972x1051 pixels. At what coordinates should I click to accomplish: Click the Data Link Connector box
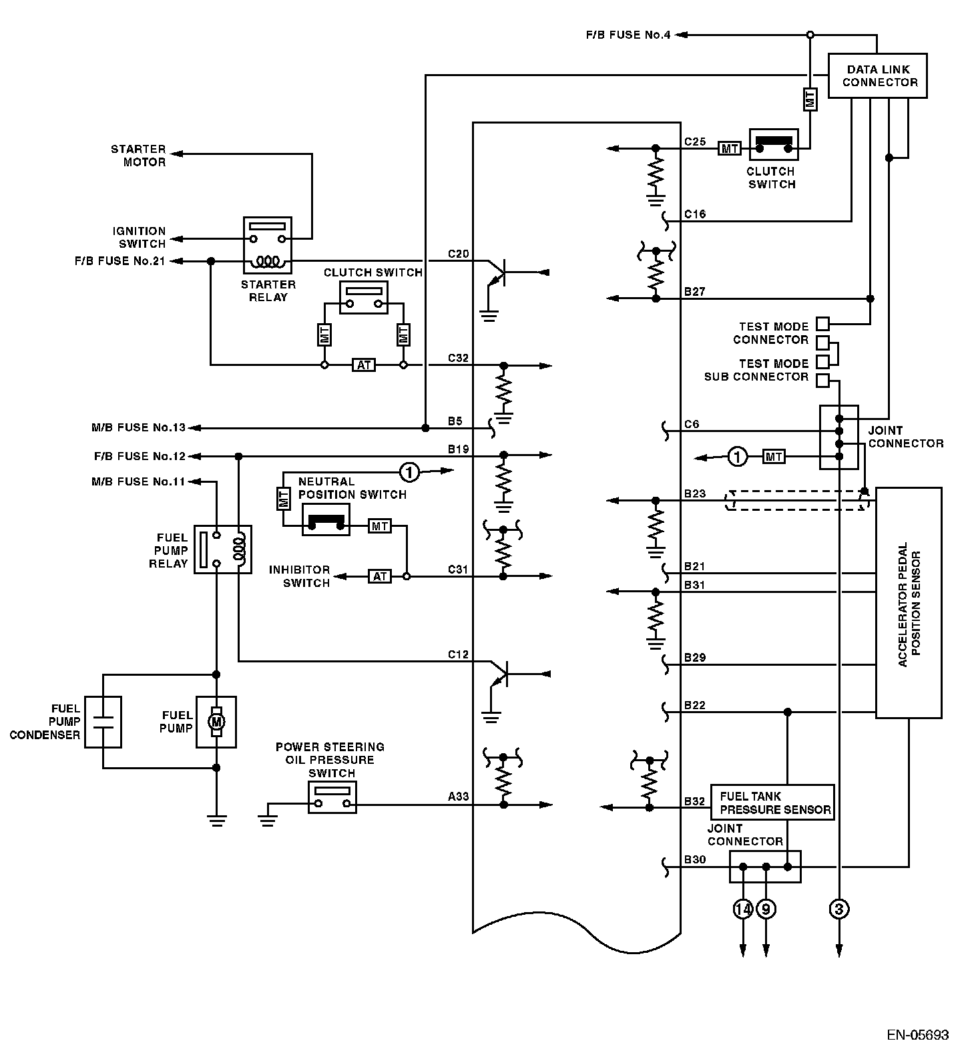[x=877, y=76]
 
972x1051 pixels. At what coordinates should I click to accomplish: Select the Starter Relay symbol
[x=267, y=244]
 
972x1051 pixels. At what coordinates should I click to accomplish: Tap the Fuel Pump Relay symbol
[x=223, y=550]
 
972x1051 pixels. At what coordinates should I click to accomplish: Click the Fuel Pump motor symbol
[x=216, y=722]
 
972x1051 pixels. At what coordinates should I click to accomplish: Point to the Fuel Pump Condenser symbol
[x=103, y=722]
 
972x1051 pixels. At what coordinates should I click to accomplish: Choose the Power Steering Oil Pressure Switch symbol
[x=332, y=797]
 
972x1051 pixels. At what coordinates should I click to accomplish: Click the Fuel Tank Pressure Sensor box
[x=772, y=803]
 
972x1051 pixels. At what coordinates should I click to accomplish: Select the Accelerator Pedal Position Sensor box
[x=909, y=602]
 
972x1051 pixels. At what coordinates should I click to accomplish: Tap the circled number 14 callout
[x=743, y=909]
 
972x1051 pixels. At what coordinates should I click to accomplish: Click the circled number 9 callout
[x=766, y=909]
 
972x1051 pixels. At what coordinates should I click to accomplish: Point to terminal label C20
[x=458, y=254]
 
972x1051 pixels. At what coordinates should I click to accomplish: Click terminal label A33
[x=458, y=796]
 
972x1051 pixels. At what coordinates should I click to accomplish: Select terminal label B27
[x=694, y=292]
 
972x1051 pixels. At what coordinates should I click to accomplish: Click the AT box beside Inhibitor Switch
[x=380, y=576]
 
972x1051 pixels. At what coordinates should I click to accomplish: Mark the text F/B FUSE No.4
[x=628, y=35]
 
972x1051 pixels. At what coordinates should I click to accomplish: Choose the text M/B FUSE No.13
[x=138, y=427]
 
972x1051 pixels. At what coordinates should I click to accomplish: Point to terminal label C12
[x=458, y=654]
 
